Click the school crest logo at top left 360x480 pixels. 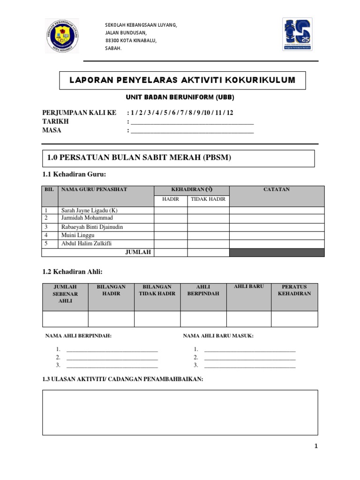tap(62, 36)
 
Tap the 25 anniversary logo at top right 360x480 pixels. tap(300, 35)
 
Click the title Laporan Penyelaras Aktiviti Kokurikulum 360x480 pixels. tap(182, 80)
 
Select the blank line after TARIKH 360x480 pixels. tap(192, 122)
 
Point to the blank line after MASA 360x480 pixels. tap(192, 131)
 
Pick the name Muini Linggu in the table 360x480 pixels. tap(78, 235)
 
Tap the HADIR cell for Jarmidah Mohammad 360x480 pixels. tap(171, 218)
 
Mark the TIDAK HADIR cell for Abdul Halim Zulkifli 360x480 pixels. tap(209, 244)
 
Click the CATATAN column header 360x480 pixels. tap(277, 189)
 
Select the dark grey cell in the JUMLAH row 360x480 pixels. tap(277, 253)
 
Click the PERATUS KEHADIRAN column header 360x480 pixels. tap(294, 290)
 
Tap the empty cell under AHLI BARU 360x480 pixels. tap(248, 319)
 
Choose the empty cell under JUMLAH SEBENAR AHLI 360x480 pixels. tap(65, 319)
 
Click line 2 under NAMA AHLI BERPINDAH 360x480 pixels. tap(112, 358)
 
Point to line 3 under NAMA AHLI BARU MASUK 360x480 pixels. tap(250, 366)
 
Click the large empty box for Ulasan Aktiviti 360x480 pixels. tap(180, 412)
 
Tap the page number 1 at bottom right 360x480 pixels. tap(316, 446)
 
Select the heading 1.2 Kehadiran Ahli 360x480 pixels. tap(72, 271)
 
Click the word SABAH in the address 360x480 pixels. tap(113, 48)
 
